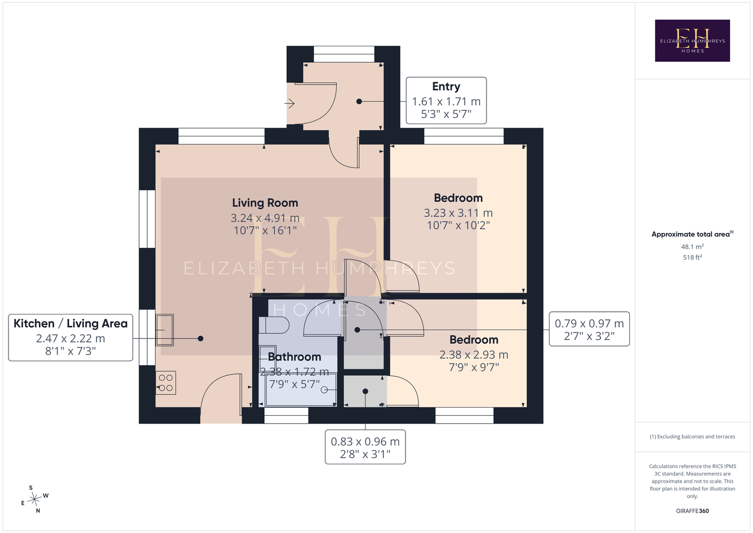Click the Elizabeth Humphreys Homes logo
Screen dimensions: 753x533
[692, 41]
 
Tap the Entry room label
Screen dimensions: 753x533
[446, 86]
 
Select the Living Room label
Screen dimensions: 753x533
[265, 203]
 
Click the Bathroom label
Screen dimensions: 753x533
[294, 357]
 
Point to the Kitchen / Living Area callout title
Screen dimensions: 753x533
[70, 323]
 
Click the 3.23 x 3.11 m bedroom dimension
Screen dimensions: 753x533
[458, 213]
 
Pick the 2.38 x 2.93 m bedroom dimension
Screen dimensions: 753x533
[474, 354]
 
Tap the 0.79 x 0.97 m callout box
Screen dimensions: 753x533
[589, 329]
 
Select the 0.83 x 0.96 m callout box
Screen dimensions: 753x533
[365, 447]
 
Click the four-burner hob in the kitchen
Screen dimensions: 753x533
[165, 383]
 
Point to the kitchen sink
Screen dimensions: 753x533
[164, 330]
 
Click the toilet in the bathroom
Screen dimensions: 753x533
[274, 325]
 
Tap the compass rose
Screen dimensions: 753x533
[34, 499]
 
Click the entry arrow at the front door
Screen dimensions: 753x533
[290, 103]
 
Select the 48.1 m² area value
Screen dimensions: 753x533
[692, 246]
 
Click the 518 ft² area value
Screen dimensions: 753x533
[692, 257]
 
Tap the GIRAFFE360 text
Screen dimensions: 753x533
[692, 511]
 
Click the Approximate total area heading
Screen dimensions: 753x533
[692, 234]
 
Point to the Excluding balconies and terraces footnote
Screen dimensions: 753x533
[692, 437]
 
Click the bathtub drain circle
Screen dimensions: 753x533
[324, 390]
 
